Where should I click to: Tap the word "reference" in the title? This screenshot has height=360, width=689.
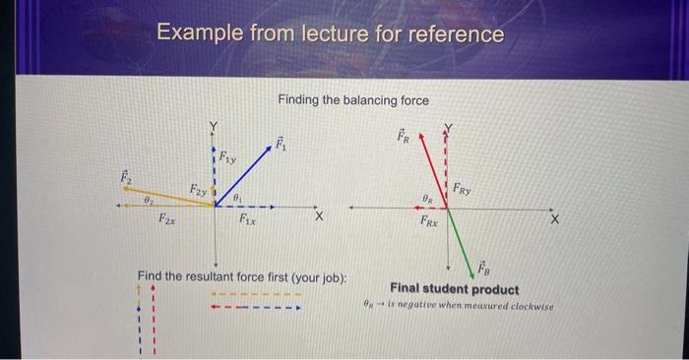click(x=456, y=35)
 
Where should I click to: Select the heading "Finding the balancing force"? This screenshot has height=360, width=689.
click(x=353, y=99)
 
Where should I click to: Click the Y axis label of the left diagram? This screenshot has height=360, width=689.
click(x=211, y=125)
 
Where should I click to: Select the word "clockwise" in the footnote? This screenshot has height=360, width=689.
click(x=529, y=306)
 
